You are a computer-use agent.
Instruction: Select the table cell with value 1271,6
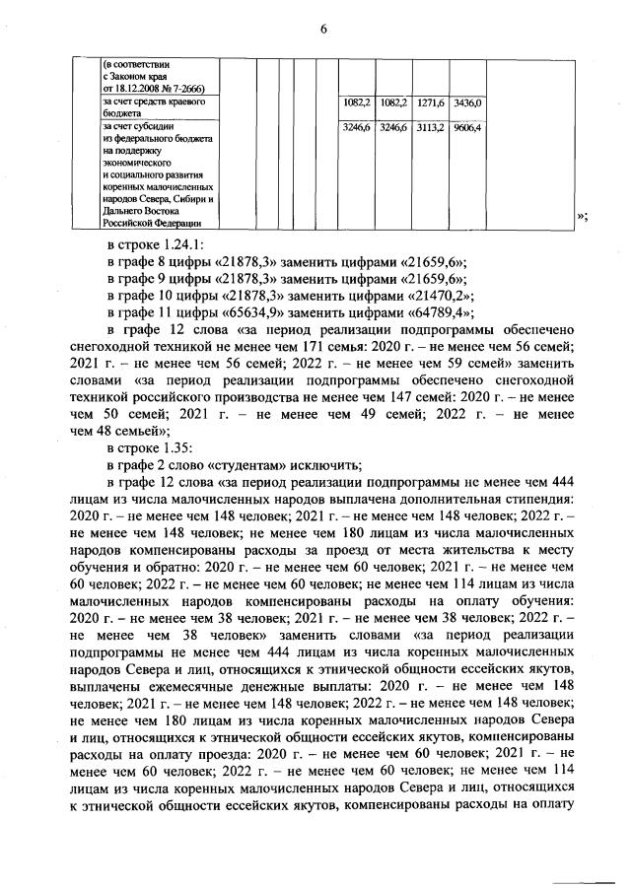coord(431,102)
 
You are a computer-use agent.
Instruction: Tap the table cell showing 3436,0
coord(465,102)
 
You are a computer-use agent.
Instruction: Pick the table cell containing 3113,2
coord(431,128)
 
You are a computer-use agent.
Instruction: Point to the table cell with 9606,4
coord(465,128)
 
